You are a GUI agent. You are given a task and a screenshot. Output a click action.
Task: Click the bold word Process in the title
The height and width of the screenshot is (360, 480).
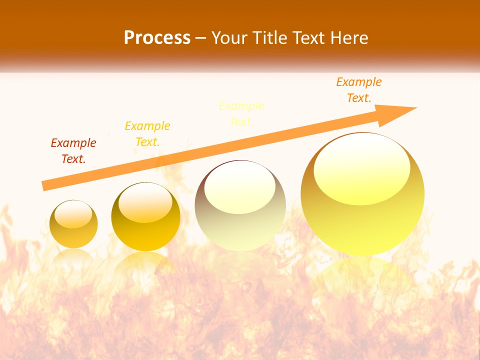(x=157, y=38)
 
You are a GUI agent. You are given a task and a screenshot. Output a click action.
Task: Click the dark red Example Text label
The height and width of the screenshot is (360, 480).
(x=73, y=151)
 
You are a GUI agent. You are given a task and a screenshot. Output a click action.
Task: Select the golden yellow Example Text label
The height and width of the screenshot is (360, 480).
(x=147, y=134)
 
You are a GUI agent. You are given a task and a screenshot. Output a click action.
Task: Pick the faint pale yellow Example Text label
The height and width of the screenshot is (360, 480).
(x=241, y=114)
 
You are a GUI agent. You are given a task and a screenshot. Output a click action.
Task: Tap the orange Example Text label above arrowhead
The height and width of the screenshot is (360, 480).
(x=359, y=90)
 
